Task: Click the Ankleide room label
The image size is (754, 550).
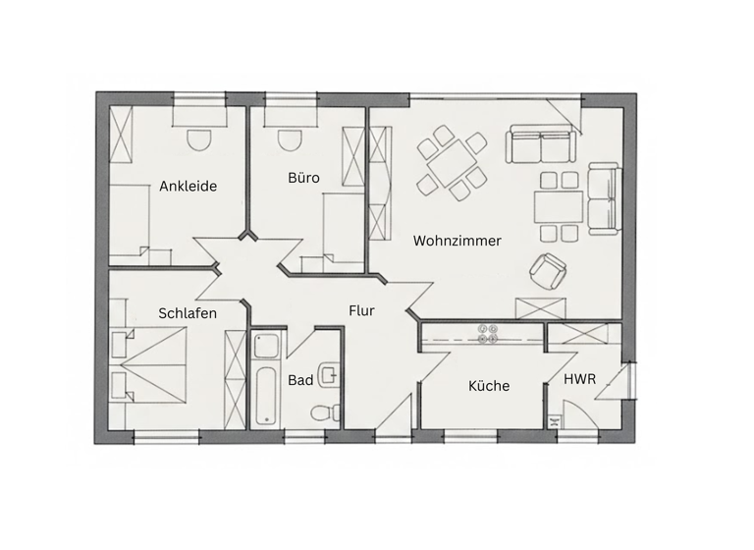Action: (x=188, y=186)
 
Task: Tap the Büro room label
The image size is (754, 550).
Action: (x=303, y=178)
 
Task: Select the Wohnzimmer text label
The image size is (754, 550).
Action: (x=458, y=241)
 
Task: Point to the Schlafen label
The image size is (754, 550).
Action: (x=188, y=313)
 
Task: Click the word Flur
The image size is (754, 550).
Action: (x=361, y=310)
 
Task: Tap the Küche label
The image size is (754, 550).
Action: (x=488, y=386)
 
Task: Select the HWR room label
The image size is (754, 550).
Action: (x=578, y=379)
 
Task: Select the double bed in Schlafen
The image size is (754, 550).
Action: (x=152, y=364)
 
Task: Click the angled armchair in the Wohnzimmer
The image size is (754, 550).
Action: (x=548, y=270)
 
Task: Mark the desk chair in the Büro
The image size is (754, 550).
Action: (x=289, y=139)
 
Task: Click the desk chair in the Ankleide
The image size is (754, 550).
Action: (x=199, y=139)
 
